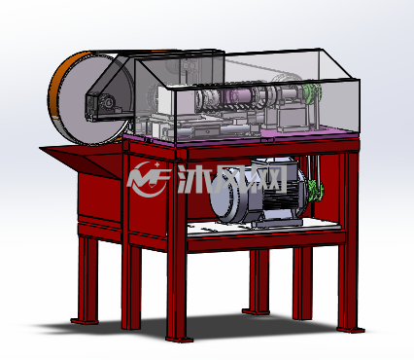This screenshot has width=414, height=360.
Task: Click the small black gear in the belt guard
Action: coord(108,102)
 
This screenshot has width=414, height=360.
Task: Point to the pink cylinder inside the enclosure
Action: coord(238,96)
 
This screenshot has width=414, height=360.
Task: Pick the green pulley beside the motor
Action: coord(315,191)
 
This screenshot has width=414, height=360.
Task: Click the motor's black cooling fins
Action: coord(279,200)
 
